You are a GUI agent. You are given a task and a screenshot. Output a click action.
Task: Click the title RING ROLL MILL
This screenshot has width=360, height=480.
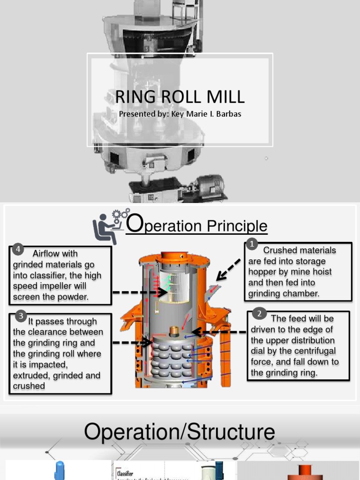(x=180, y=97)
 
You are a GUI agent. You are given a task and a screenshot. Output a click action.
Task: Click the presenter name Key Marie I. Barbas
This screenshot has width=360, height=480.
(x=180, y=114)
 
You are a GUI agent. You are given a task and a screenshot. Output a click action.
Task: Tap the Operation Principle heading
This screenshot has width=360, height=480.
(x=197, y=225)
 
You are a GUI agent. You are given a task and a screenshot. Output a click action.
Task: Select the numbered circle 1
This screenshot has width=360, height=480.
(x=252, y=244)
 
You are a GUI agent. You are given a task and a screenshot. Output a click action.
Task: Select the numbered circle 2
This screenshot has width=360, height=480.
(x=259, y=314)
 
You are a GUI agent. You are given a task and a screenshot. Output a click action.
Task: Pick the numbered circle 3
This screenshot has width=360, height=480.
(x=21, y=316)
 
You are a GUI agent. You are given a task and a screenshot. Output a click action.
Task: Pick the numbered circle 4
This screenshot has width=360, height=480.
(x=17, y=248)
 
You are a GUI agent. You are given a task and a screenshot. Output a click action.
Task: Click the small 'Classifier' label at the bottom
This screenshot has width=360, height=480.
(x=125, y=473)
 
